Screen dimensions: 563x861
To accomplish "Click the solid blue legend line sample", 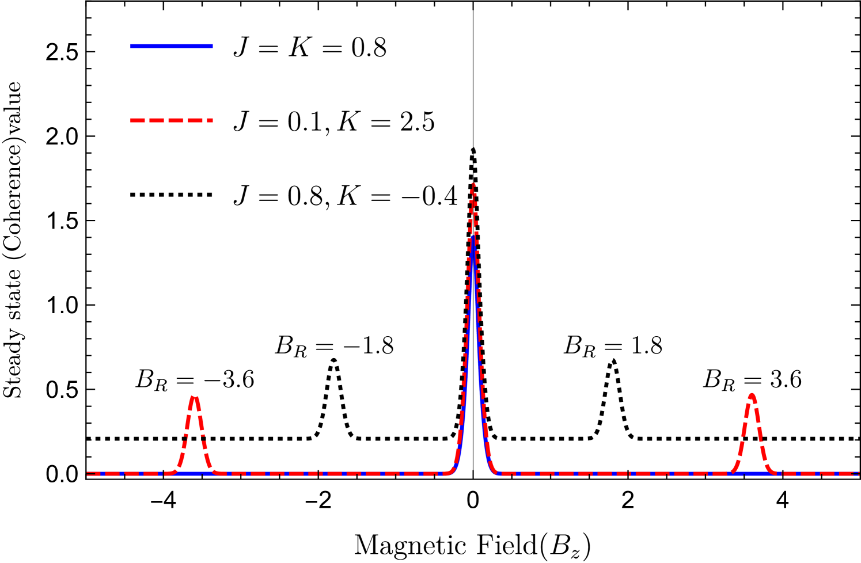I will [x=171, y=46].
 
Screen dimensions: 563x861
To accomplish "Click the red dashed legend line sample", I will [x=171, y=120].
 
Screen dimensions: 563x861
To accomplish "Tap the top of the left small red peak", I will [x=195, y=397].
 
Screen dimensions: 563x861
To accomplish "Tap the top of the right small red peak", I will [x=752, y=394].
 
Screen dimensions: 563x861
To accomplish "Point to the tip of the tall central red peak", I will [x=473, y=184].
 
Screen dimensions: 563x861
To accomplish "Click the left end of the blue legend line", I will [x=131, y=46].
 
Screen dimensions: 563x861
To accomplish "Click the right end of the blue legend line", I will [x=212, y=46].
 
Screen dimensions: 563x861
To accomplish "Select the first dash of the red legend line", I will [x=137, y=120].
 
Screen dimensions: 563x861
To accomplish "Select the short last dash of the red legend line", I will [x=210, y=120].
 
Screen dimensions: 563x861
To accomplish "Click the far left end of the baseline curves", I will [x=88, y=474].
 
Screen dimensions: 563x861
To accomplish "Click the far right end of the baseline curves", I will [x=858, y=474].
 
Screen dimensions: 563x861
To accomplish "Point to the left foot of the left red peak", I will [x=170, y=473].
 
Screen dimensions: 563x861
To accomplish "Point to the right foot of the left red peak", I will [x=219, y=473].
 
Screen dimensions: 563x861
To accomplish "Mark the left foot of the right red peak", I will [x=729, y=473].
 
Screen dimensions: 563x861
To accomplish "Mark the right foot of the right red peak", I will [x=775, y=473].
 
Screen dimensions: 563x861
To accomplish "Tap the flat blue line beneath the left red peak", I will [x=195, y=474].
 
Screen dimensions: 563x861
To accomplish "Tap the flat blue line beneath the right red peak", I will [x=752, y=474].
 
